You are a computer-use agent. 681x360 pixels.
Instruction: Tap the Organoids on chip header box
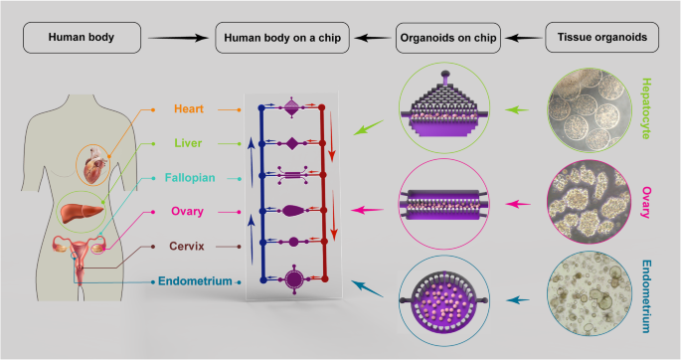tap(448, 39)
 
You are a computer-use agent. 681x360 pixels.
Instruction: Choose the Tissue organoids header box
tap(600, 39)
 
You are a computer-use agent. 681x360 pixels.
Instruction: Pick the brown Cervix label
tap(195, 246)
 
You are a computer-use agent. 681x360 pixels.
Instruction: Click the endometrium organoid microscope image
tap(594, 295)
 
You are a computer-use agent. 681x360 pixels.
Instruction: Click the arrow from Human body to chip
tap(184, 39)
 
